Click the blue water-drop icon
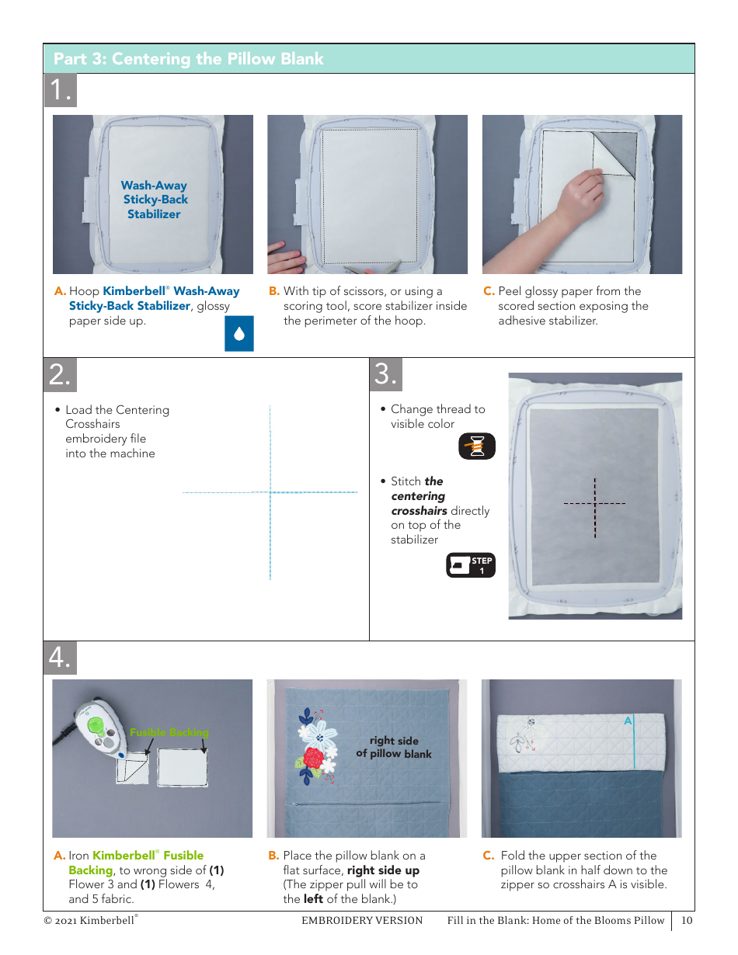[x=238, y=334]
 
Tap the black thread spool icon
[x=477, y=446]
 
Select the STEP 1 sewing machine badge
[x=471, y=564]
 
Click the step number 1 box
[x=61, y=90]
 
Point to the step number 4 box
[x=61, y=658]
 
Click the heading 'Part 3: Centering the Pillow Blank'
[x=188, y=59]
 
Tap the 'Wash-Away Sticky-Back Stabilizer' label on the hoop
[x=155, y=200]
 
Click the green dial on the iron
[x=95, y=724]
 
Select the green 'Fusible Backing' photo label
[x=169, y=732]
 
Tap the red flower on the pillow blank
[x=313, y=757]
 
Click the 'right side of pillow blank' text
[x=394, y=747]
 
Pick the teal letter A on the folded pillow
[x=628, y=721]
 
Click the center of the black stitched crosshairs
[x=595, y=503]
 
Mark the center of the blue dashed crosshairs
[x=270, y=492]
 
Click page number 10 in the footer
[x=687, y=920]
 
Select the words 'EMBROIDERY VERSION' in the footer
[x=362, y=920]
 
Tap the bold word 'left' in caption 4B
[x=313, y=899]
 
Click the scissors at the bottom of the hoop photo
[x=372, y=266]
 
